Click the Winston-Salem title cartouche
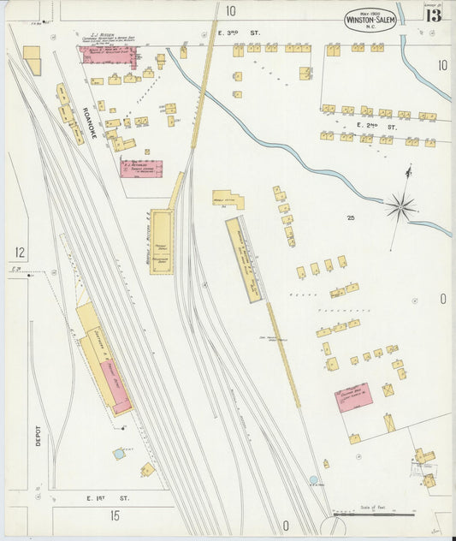tap(370, 18)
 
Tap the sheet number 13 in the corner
tap(434, 15)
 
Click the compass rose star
tap(400, 205)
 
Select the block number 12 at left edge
tap(18, 253)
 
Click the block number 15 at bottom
tap(114, 516)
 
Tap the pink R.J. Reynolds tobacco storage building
tap(140, 169)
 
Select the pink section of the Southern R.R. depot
tap(118, 389)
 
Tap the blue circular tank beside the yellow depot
tap(118, 454)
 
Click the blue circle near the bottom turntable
tap(314, 480)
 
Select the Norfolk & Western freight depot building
tap(161, 243)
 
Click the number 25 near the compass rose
tap(351, 218)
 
